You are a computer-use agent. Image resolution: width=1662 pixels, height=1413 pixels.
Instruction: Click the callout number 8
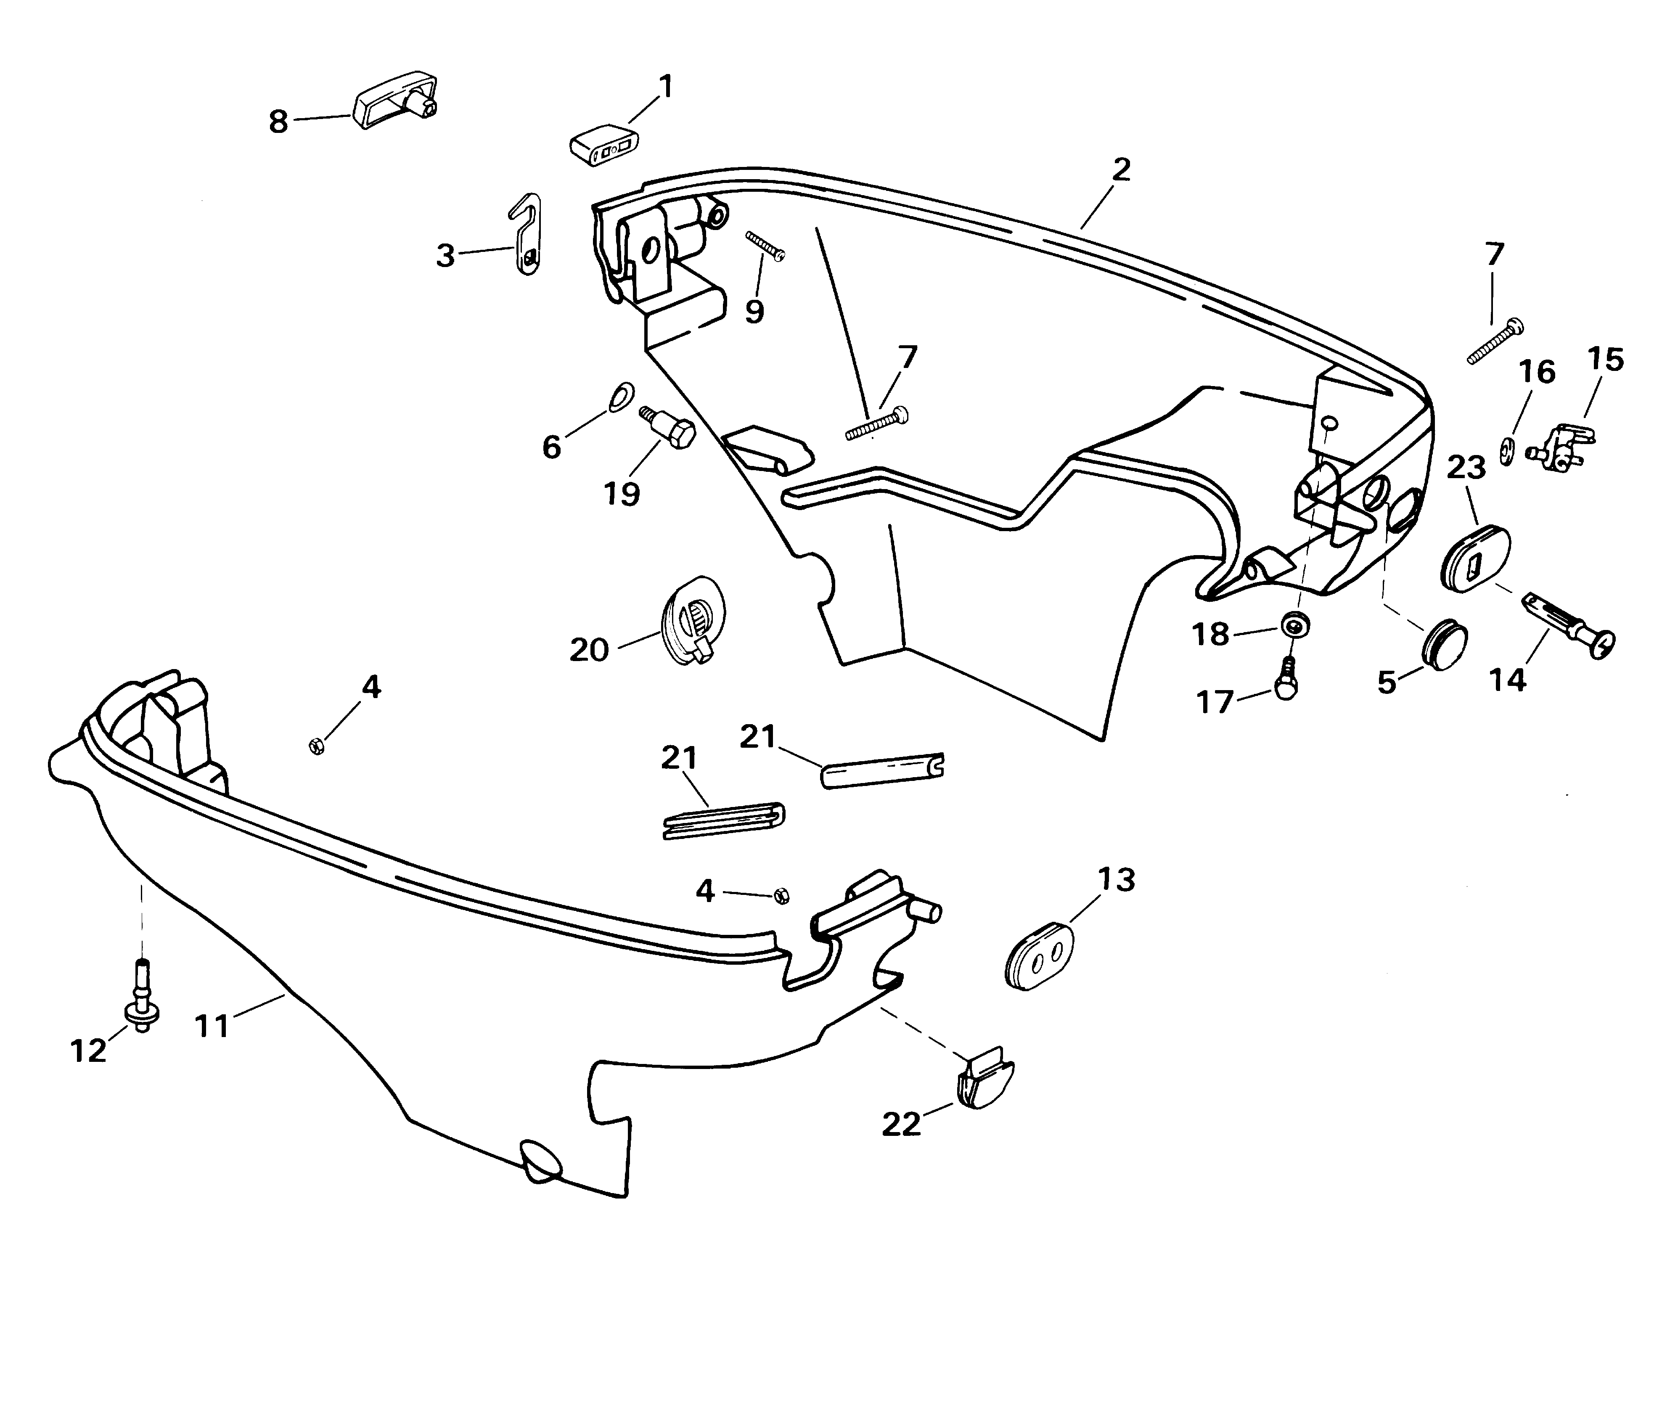[278, 122]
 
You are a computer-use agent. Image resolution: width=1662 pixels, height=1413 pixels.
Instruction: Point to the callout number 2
[1121, 170]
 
